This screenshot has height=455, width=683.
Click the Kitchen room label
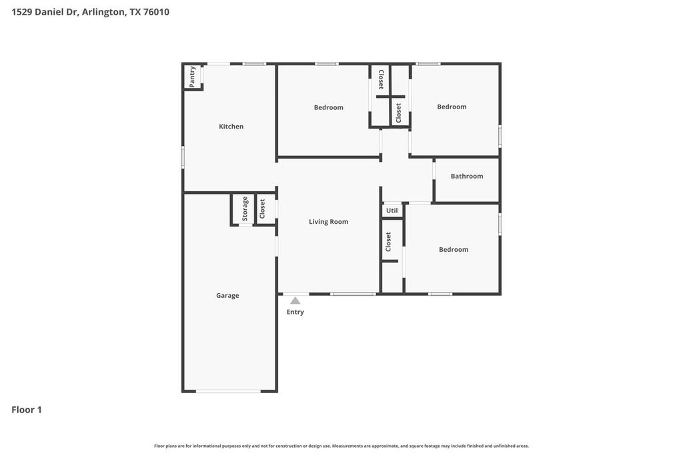tap(231, 127)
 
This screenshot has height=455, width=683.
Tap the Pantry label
tap(192, 77)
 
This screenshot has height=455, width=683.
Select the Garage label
tap(227, 296)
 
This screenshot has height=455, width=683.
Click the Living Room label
tap(328, 222)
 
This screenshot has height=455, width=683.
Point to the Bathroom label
tap(467, 176)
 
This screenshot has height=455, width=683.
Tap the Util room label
tap(392, 211)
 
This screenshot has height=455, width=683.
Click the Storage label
tap(245, 209)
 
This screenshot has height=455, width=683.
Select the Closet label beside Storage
tap(262, 209)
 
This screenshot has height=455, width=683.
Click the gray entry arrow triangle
tap(295, 300)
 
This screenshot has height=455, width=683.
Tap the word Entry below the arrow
tap(295, 312)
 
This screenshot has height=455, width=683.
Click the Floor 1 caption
tap(27, 410)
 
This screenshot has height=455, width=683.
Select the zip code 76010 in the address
tap(156, 12)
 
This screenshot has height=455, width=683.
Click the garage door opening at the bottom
tap(228, 391)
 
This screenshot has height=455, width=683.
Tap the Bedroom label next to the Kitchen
tap(328, 107)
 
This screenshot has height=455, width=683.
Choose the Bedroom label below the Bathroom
tap(454, 250)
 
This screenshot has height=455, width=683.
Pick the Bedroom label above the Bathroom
tap(452, 107)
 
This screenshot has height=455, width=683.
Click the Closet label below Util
tap(388, 242)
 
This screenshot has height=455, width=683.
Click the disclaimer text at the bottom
tap(341, 446)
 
